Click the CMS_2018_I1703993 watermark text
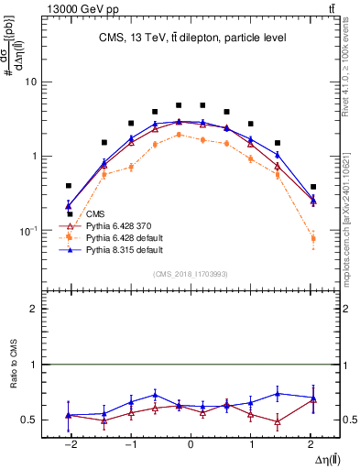tap(191, 274)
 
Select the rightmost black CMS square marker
tap(313, 186)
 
